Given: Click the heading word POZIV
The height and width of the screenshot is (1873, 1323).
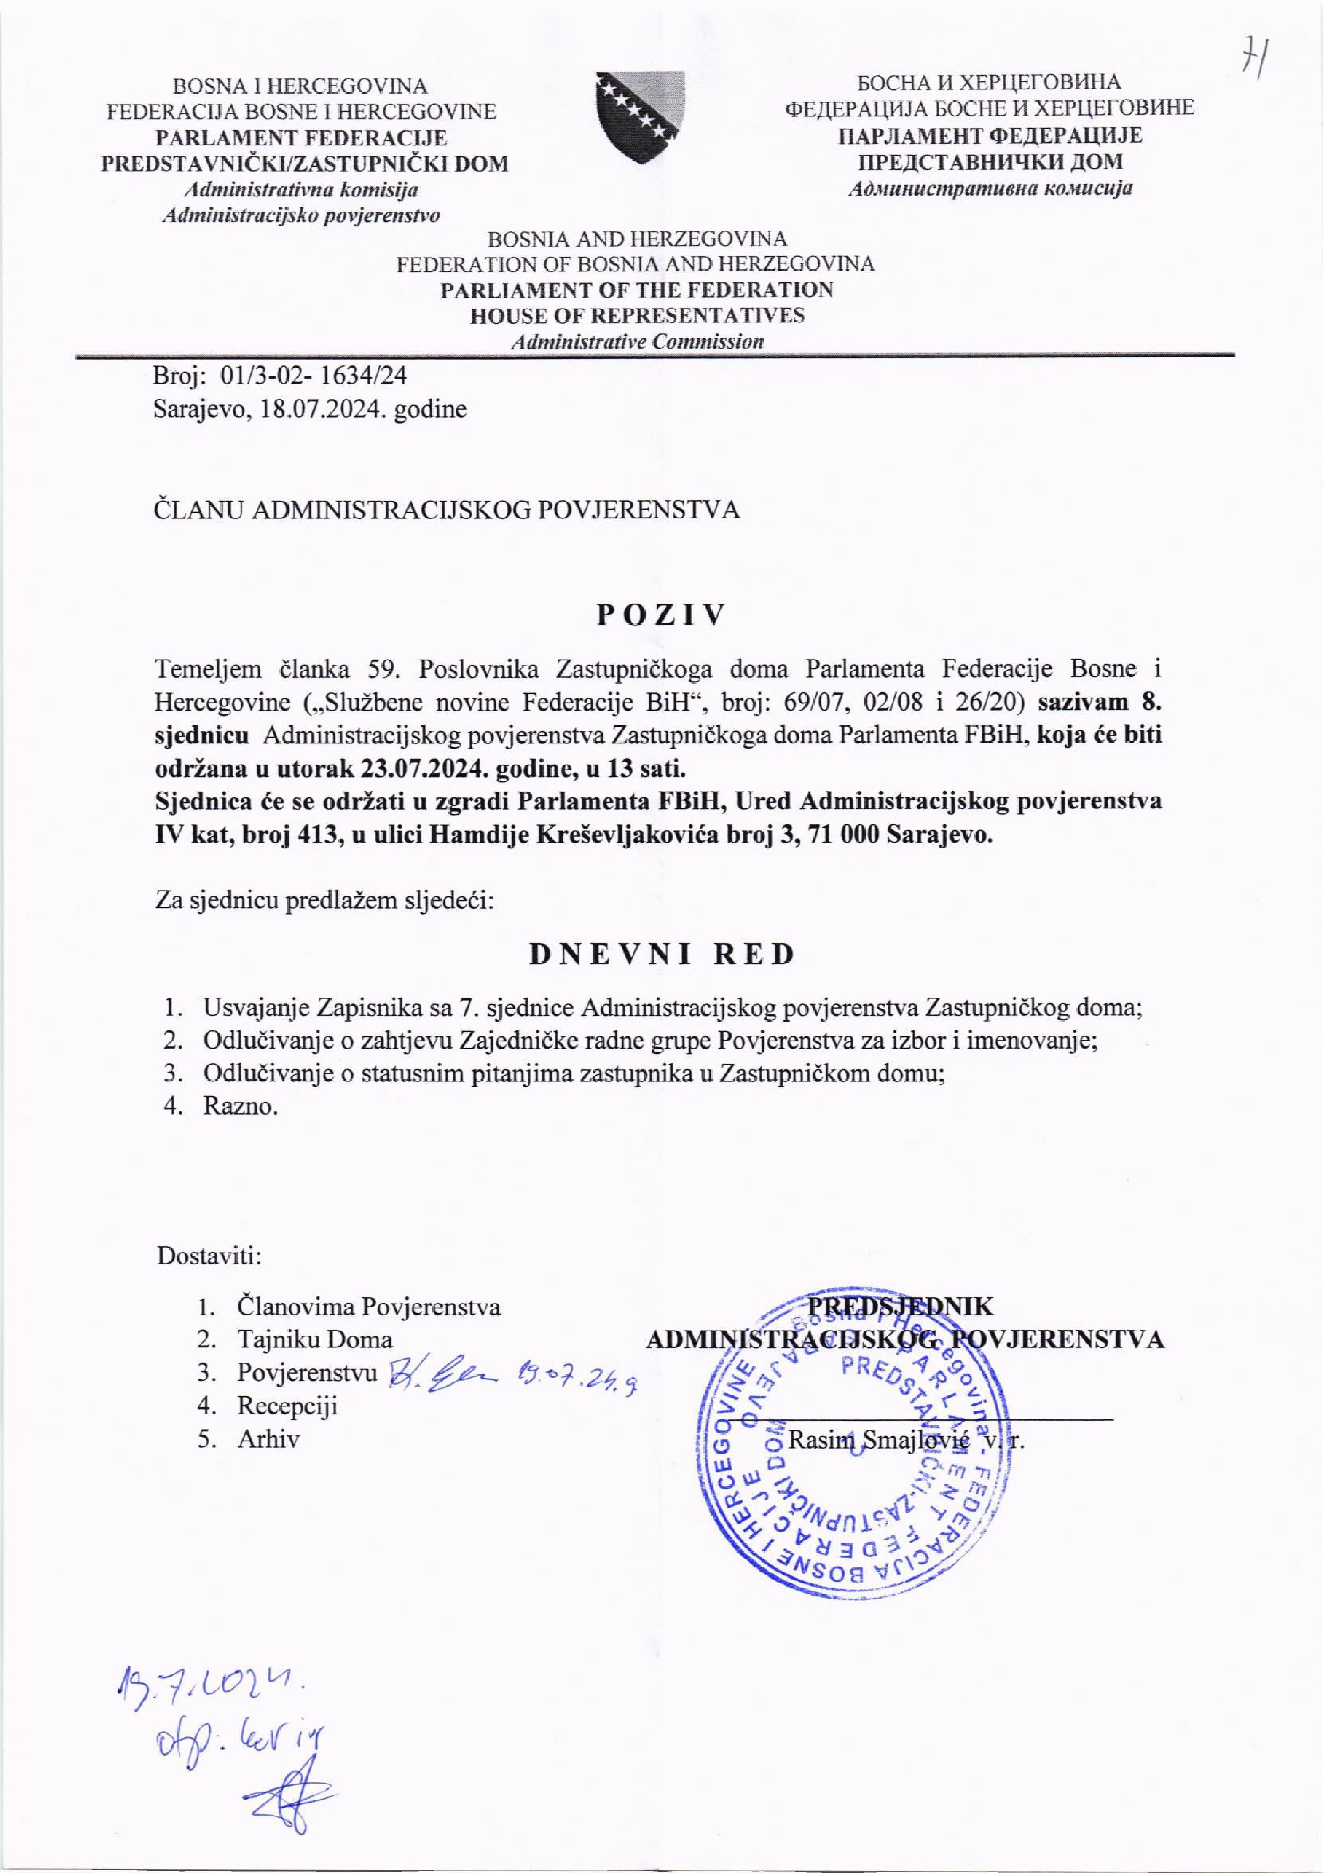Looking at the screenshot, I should [660, 616].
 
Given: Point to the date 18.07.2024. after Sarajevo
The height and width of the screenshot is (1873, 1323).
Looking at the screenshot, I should [323, 409].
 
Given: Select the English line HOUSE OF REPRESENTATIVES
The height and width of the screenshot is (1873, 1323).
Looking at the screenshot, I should [637, 316].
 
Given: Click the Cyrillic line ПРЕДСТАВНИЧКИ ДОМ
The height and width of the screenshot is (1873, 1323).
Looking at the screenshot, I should [989, 162].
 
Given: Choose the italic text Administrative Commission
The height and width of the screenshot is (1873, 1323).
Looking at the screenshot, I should [637, 341].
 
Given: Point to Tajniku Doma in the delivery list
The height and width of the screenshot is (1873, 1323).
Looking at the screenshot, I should [314, 1339].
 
